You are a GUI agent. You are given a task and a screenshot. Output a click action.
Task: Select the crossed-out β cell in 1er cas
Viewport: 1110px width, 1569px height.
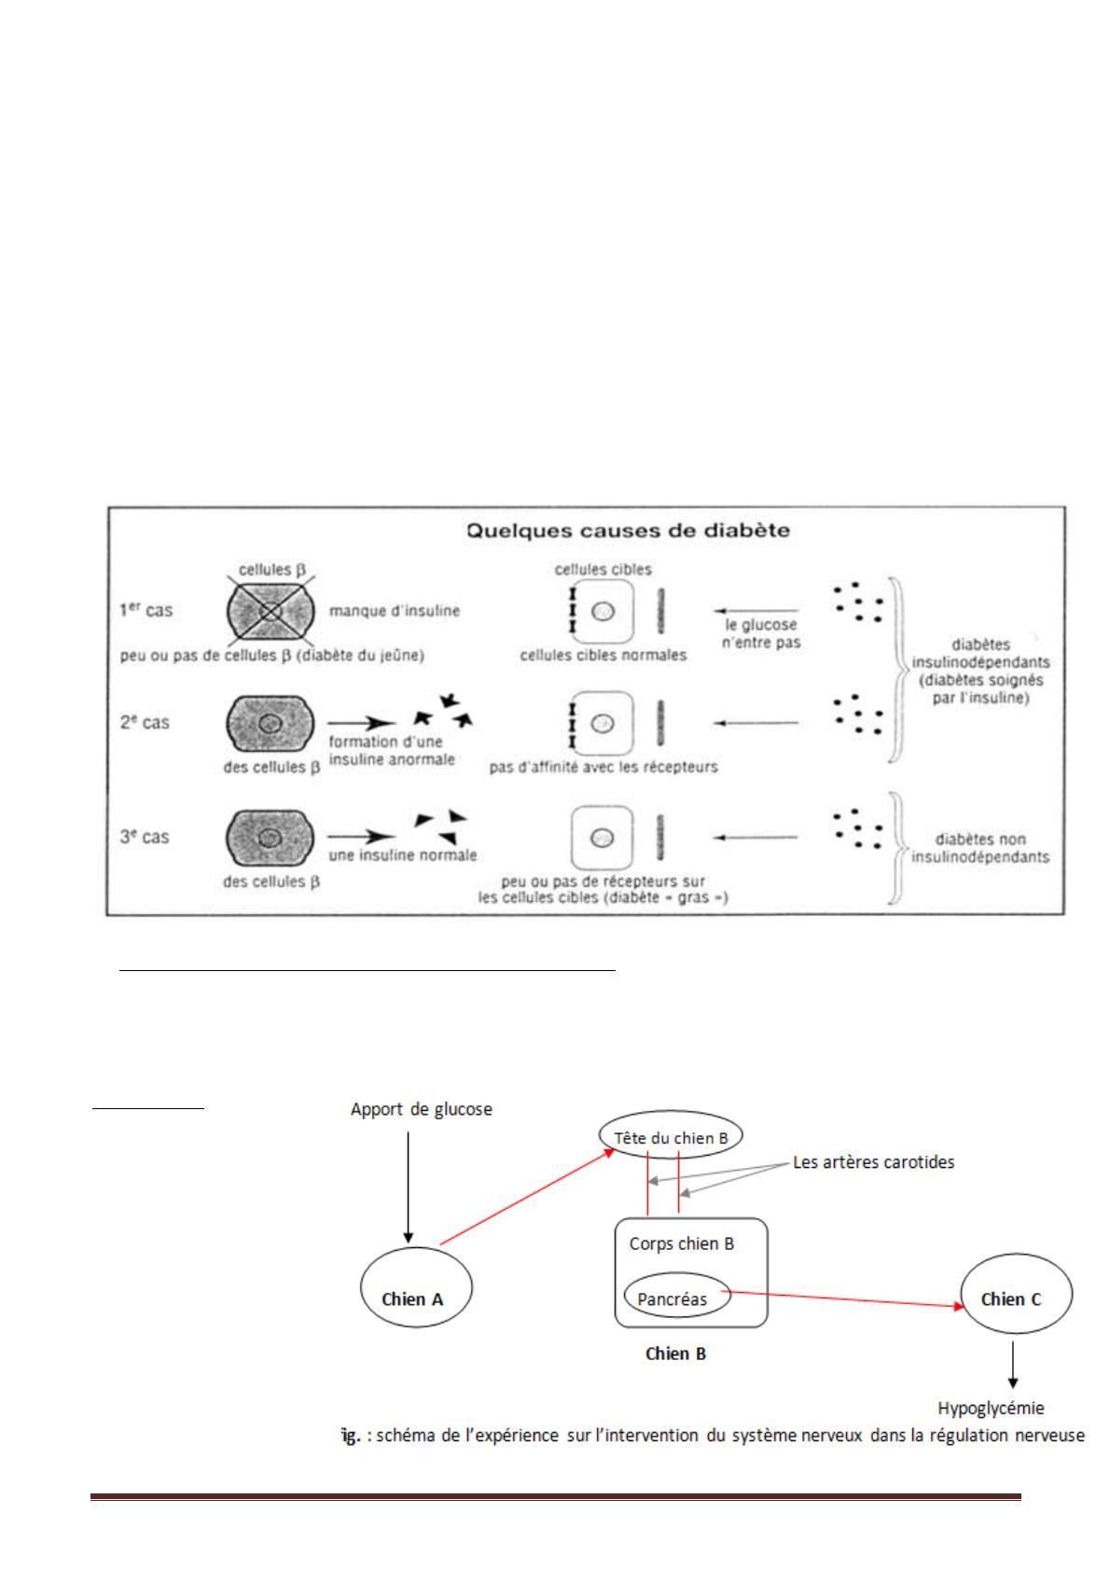(271, 611)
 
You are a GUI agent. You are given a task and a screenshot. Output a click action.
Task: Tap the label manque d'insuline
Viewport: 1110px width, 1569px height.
(394, 611)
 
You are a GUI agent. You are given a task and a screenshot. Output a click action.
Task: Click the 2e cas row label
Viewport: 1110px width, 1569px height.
(145, 722)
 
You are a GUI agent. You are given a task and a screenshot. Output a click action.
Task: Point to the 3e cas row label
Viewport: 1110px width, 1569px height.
(145, 837)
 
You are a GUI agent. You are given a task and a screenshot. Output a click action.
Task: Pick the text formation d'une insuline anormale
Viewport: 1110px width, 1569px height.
(392, 751)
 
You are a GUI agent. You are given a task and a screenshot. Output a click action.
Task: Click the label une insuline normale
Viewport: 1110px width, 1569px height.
(402, 854)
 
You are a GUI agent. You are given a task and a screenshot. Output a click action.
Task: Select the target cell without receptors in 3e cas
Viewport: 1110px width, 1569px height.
(602, 837)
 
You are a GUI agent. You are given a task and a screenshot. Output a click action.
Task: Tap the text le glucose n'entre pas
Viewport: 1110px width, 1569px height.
(761, 633)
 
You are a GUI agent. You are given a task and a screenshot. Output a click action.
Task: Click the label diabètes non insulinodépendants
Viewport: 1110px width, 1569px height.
(979, 848)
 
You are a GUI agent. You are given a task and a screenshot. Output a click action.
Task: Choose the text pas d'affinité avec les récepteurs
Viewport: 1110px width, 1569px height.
(604, 768)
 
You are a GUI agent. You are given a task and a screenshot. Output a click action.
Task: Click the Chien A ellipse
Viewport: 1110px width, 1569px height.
(415, 1287)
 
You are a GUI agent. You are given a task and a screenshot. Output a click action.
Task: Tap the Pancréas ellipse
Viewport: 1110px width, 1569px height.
(675, 1298)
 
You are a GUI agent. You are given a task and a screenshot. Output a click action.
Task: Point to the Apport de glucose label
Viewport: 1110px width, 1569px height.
(421, 1109)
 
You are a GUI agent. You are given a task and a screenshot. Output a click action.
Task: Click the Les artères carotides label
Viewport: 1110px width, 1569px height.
(873, 1162)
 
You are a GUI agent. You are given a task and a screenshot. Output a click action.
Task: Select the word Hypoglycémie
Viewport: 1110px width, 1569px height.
(991, 1408)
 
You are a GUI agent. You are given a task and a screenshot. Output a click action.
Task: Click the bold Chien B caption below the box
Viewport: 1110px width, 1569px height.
(675, 1353)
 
